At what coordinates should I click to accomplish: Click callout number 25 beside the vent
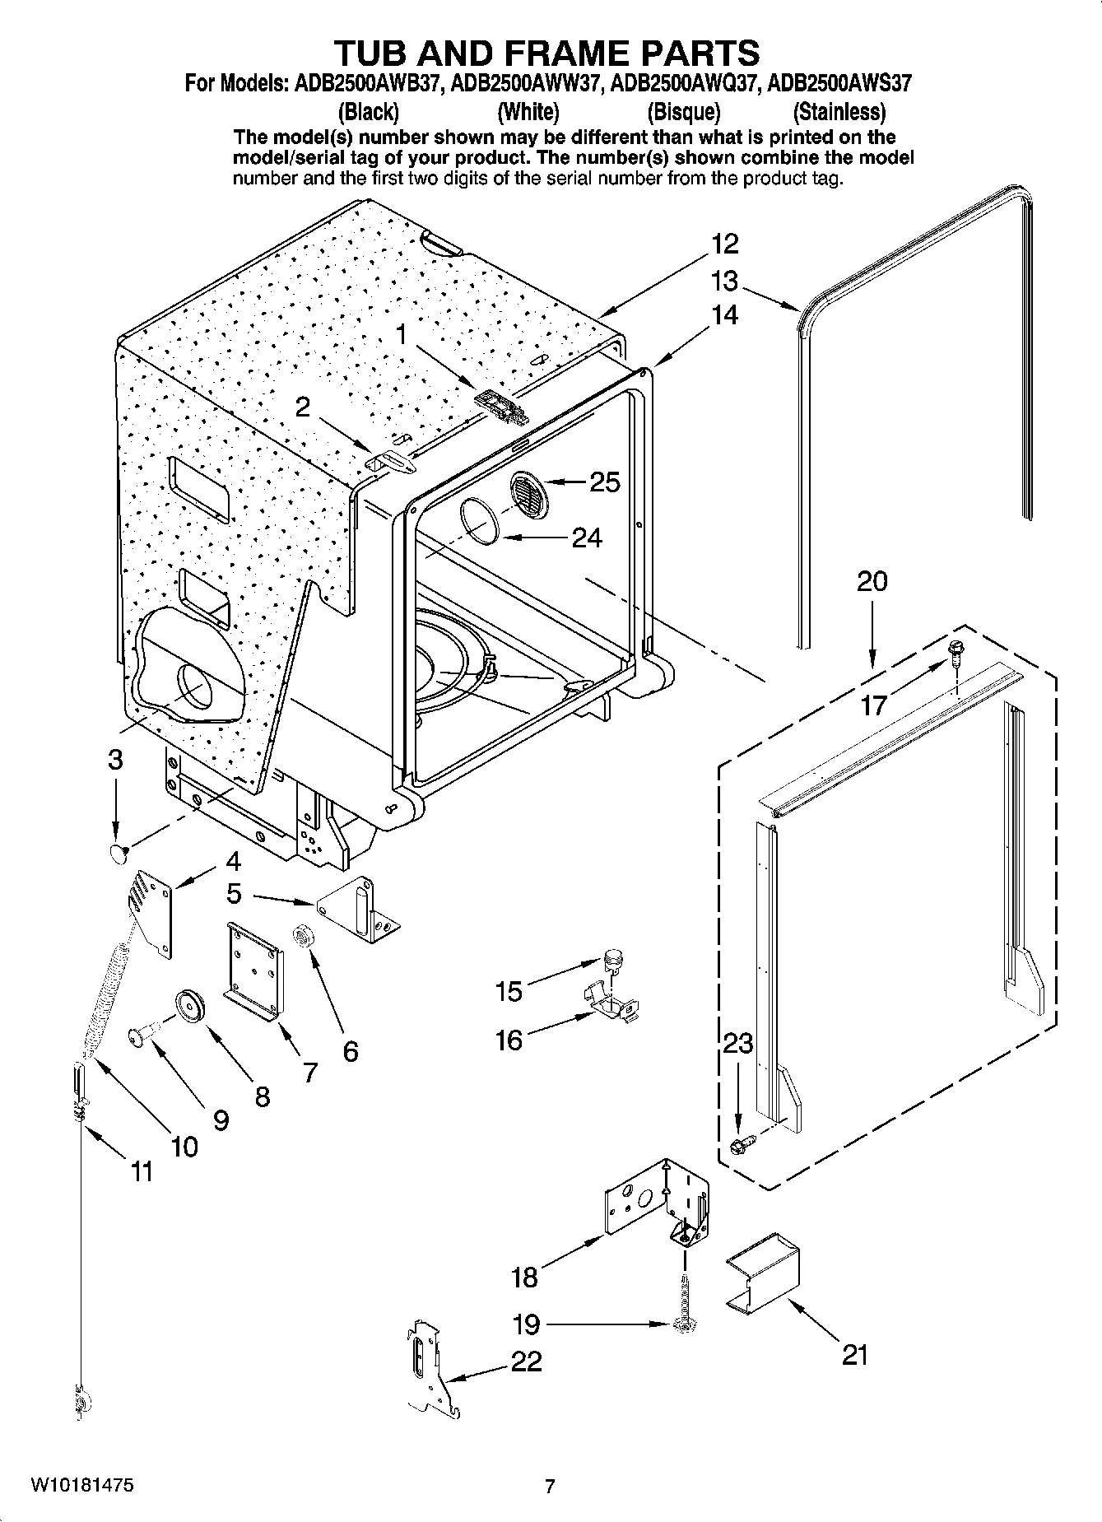click(x=605, y=482)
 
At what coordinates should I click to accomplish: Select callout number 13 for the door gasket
click(x=724, y=282)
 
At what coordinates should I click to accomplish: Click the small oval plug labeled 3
click(x=119, y=852)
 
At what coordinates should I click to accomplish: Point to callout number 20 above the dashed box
click(x=872, y=581)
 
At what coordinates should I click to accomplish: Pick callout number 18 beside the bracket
click(x=524, y=1277)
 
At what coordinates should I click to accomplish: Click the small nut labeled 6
click(x=301, y=936)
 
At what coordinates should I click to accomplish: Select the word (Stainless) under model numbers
click(x=839, y=111)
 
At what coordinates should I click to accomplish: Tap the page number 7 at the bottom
click(x=551, y=1486)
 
